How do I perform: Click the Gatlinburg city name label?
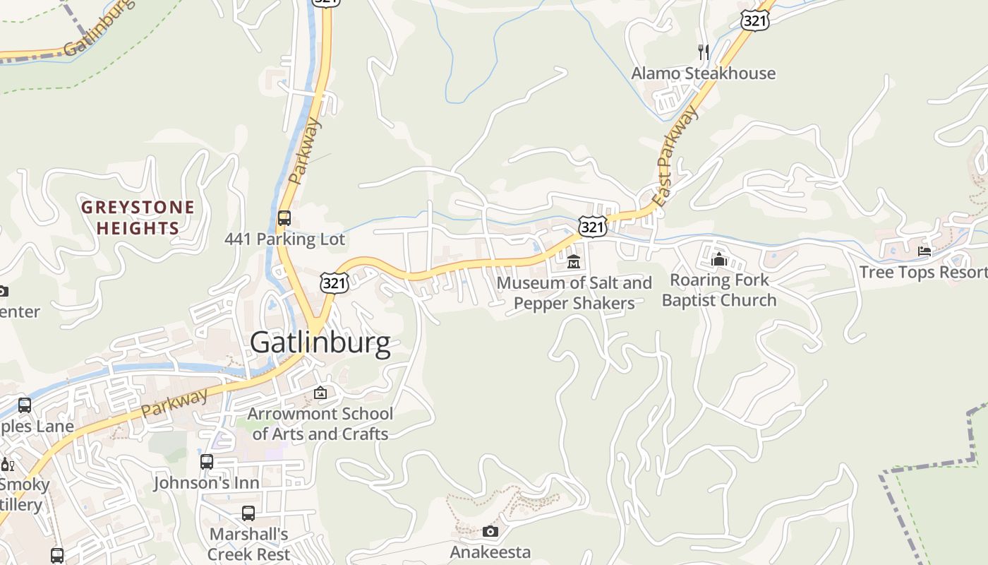tap(320, 343)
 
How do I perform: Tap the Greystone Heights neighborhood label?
tap(138, 218)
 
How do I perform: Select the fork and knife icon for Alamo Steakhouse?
tap(703, 52)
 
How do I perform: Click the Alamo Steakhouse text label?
tap(703, 73)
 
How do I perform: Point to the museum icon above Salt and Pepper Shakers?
tap(574, 262)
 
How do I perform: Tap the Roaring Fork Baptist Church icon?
tap(719, 259)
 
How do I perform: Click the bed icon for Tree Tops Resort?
tap(924, 251)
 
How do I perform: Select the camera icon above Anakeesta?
tap(490, 531)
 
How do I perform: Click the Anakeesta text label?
tap(490, 552)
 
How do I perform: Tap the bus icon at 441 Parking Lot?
tap(284, 218)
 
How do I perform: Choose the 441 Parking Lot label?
tap(284, 239)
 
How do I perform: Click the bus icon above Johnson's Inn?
tap(207, 462)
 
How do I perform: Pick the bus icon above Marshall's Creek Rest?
tap(248, 513)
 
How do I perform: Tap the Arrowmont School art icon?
tap(320, 393)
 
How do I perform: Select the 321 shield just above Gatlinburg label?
tap(334, 283)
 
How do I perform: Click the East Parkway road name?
tap(675, 157)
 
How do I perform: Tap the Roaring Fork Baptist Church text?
tap(719, 290)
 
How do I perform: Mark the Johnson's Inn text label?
tap(207, 483)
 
